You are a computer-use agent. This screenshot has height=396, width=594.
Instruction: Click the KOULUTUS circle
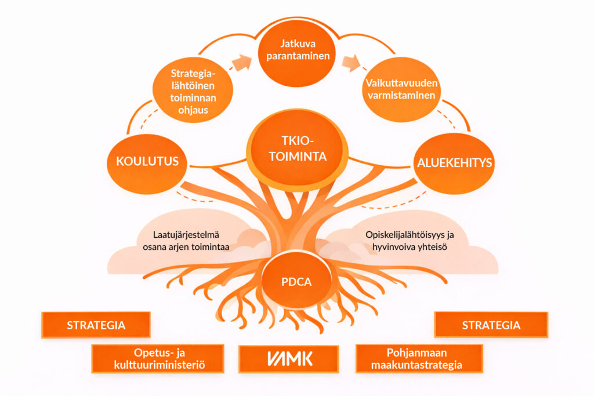click(x=147, y=162)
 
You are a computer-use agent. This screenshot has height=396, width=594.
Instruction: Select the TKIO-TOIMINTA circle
click(x=298, y=149)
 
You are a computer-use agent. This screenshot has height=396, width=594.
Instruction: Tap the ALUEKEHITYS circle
click(x=454, y=163)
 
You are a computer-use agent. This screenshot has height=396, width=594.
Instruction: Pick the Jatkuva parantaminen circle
click(x=296, y=50)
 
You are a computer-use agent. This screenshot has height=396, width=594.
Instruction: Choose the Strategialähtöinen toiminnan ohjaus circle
click(x=193, y=91)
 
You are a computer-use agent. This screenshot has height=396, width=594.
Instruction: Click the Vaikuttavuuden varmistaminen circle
click(x=401, y=89)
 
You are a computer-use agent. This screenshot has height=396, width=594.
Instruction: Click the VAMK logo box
click(x=288, y=359)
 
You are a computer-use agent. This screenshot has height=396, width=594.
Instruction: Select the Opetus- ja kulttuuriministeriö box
click(x=158, y=359)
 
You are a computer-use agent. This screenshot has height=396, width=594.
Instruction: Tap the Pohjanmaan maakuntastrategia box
click(x=419, y=359)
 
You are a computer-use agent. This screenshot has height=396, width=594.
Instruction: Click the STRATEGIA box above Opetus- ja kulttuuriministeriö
click(x=96, y=325)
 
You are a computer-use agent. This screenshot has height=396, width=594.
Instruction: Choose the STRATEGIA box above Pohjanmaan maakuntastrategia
click(x=491, y=325)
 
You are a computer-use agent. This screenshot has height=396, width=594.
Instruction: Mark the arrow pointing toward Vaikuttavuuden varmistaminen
click(x=351, y=63)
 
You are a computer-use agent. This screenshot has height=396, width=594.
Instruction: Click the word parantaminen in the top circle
click(x=296, y=57)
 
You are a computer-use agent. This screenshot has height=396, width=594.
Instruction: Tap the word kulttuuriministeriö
click(x=157, y=366)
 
